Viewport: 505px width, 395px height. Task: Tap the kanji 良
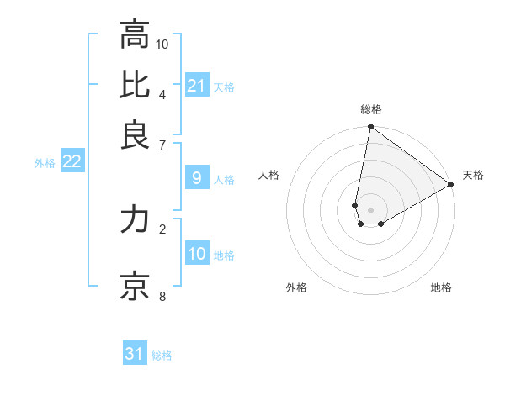coord(135,134)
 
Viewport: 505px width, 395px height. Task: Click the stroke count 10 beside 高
coord(162,43)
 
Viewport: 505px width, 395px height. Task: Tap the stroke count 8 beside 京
coord(162,296)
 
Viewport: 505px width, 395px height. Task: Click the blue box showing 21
coord(197,86)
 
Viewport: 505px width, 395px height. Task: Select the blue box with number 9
coord(197,178)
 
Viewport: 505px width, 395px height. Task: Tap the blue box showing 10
coord(197,255)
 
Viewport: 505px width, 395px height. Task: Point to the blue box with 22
coord(72,162)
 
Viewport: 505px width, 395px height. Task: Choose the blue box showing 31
coord(135,354)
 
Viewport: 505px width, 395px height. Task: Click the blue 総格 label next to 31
coord(162,355)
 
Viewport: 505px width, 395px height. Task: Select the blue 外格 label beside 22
coord(45,163)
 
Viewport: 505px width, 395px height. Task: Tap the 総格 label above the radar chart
coord(371,109)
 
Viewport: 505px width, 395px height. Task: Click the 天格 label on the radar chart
coord(473,175)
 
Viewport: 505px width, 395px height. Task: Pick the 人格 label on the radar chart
coord(269,175)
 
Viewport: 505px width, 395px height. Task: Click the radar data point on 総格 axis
coord(370,128)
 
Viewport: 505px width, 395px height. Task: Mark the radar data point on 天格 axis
coord(451,185)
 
